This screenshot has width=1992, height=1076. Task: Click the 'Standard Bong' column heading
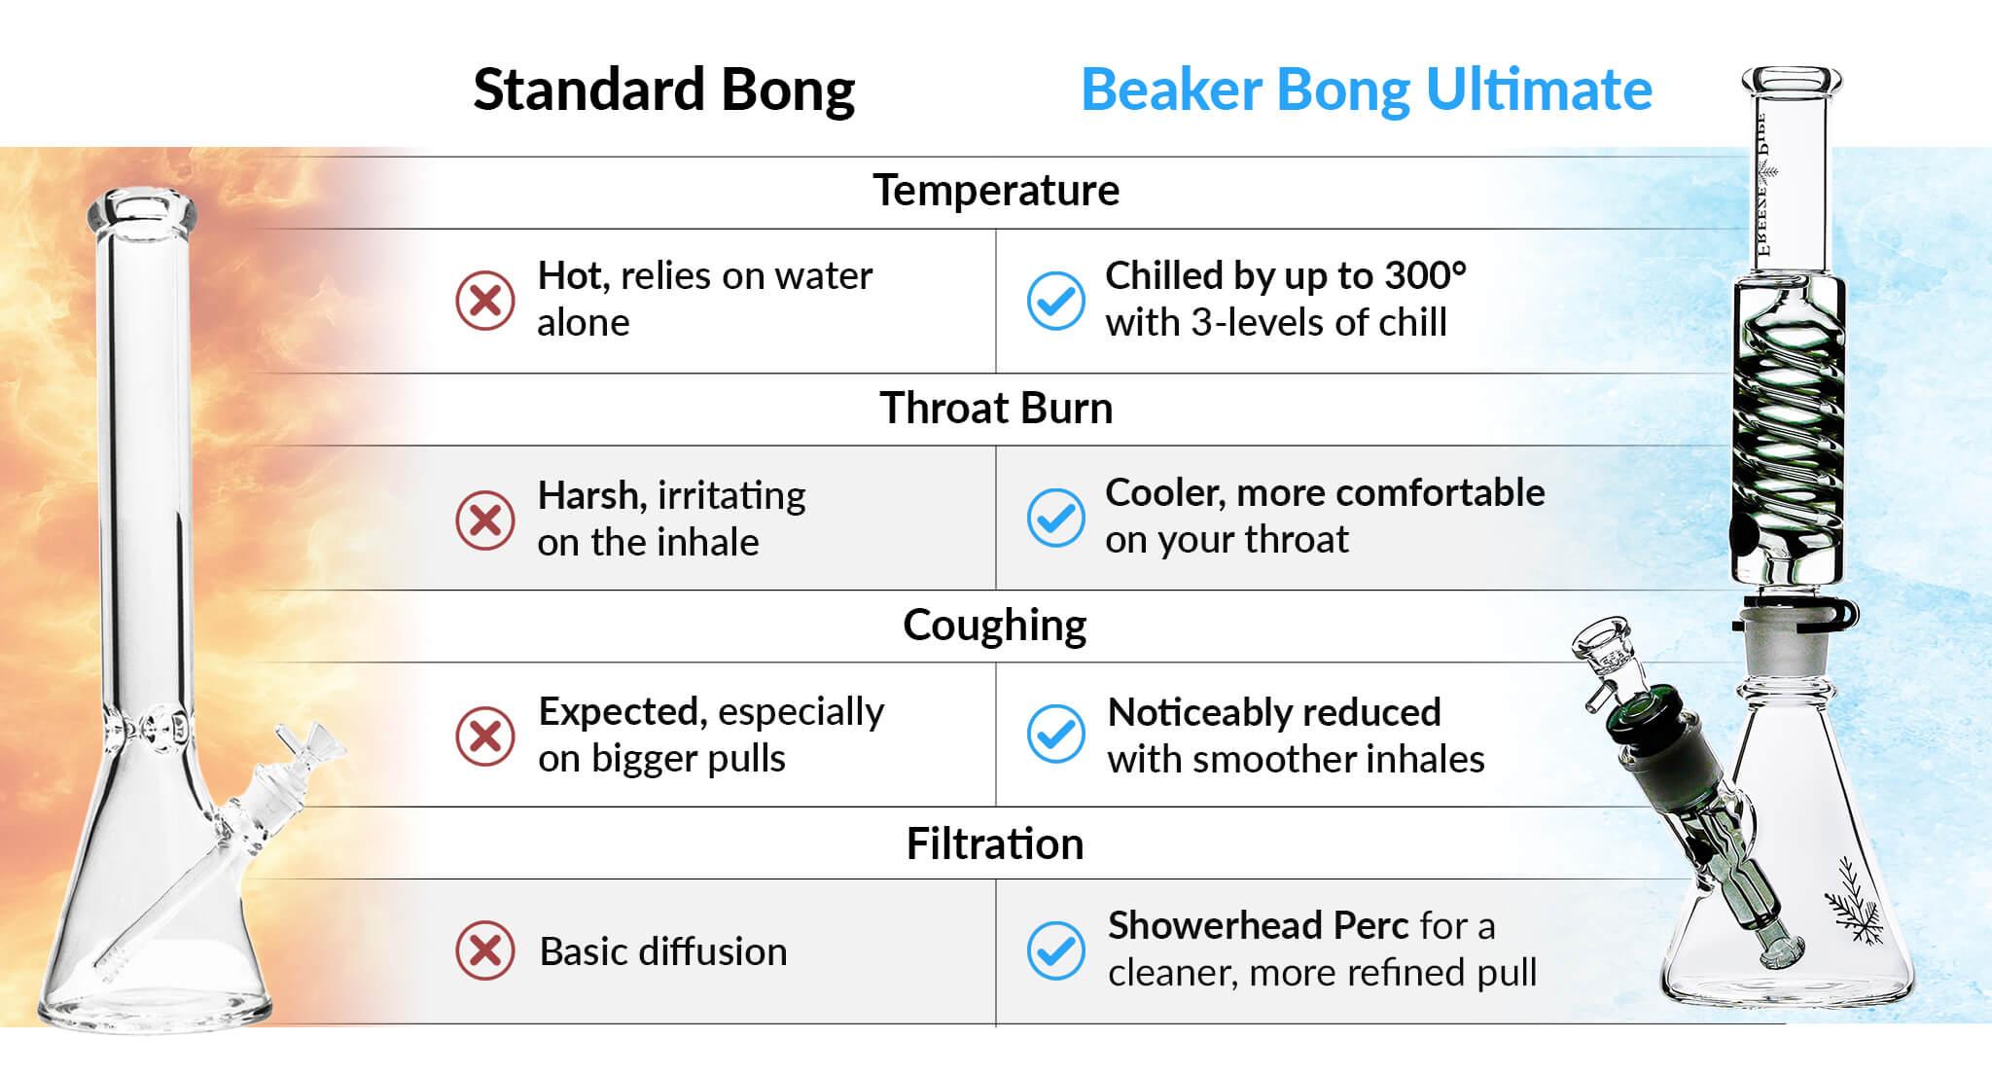pyautogui.click(x=664, y=91)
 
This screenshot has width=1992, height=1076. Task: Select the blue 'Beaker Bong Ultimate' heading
pyautogui.click(x=1367, y=90)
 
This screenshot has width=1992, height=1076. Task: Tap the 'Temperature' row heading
pyautogui.click(x=996, y=191)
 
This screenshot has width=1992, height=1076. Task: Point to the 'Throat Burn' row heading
pyautogui.click(x=996, y=409)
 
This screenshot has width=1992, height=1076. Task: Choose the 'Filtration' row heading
pyautogui.click(x=995, y=843)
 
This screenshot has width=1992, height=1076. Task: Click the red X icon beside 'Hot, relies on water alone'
pyautogui.click(x=485, y=301)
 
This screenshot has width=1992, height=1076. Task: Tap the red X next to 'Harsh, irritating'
pyautogui.click(x=485, y=520)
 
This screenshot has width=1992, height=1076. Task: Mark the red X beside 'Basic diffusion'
pyautogui.click(x=485, y=950)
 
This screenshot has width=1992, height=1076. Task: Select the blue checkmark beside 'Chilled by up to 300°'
pyautogui.click(x=1056, y=301)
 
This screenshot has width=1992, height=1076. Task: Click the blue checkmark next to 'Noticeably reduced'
pyautogui.click(x=1056, y=735)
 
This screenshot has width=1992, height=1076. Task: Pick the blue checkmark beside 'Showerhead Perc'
pyautogui.click(x=1056, y=950)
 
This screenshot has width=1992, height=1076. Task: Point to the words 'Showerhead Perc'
pyautogui.click(x=1259, y=926)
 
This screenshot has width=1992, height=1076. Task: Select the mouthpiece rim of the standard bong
pyautogui.click(x=142, y=210)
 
